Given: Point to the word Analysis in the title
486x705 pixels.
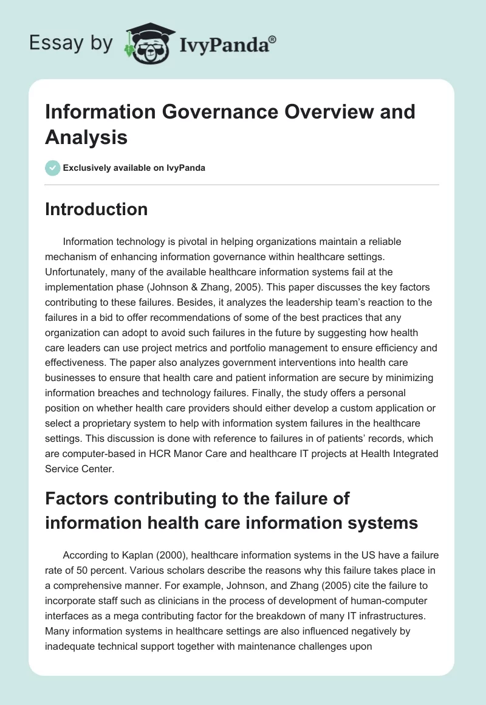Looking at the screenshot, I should (86, 137).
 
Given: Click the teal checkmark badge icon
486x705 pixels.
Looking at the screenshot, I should (53, 168).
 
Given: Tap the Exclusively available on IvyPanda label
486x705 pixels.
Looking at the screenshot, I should (135, 168).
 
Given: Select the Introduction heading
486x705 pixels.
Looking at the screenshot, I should (96, 209).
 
